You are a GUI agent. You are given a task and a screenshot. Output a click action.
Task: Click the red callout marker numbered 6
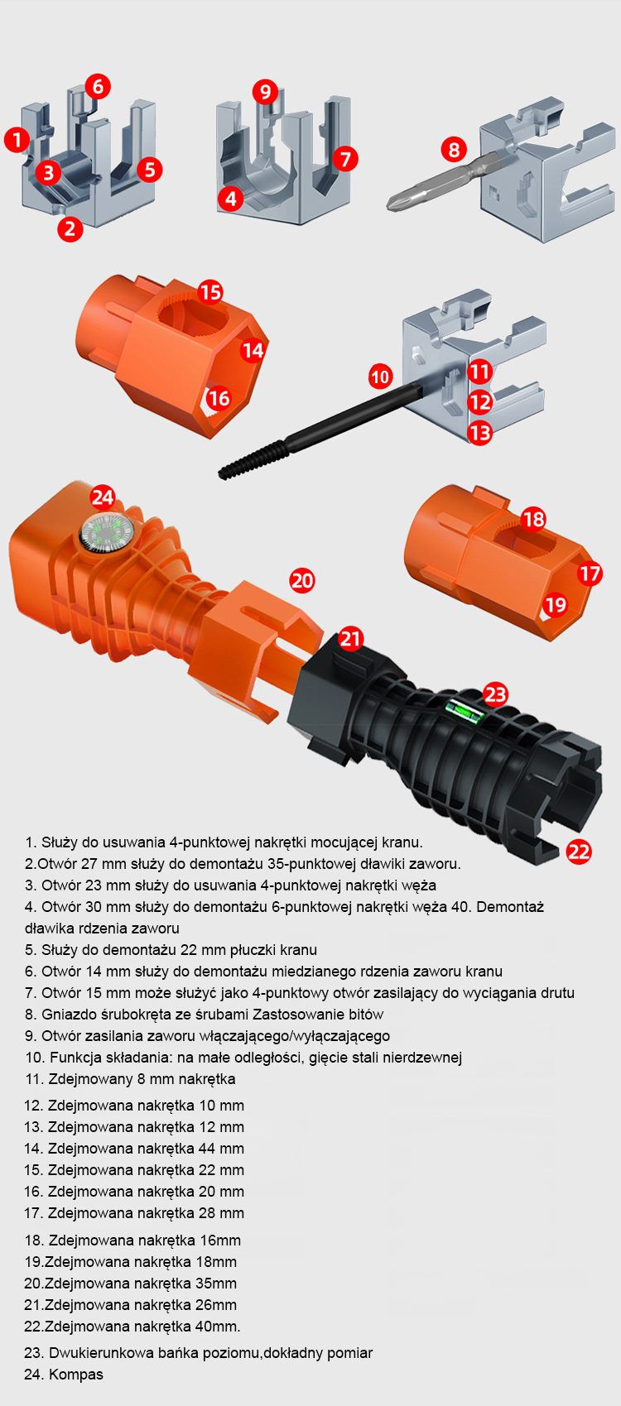[x=98, y=86]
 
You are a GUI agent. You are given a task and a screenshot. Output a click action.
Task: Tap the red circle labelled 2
[x=70, y=228]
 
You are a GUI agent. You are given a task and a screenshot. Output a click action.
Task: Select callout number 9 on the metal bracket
[x=266, y=92]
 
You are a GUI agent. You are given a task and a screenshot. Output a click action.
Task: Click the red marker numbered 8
[x=454, y=150]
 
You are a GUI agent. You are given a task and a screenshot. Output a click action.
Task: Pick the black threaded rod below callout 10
[x=320, y=432]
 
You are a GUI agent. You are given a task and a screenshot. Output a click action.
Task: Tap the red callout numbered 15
[x=210, y=292]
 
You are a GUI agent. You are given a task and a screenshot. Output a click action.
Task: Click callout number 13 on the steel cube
[x=479, y=432]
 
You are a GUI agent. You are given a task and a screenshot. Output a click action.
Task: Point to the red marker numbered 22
[x=579, y=852]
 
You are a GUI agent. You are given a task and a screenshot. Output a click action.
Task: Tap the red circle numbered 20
[x=302, y=581]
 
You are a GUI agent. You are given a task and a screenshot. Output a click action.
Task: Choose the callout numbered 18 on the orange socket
[x=534, y=519]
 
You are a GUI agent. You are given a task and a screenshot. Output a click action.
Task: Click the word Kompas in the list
[x=76, y=1374]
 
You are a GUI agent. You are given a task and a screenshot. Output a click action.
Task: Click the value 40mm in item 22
[x=218, y=1327]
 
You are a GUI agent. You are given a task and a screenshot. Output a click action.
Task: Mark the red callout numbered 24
[x=103, y=497]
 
